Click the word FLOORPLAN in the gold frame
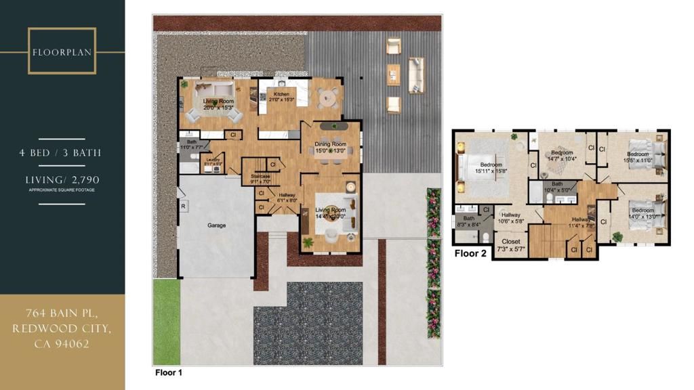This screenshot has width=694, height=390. click(62, 51)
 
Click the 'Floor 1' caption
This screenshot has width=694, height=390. click(169, 372)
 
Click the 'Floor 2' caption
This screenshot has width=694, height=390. click(470, 254)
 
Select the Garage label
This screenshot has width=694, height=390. click(217, 225)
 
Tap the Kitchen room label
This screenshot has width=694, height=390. click(281, 94)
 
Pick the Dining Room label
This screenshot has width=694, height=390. click(330, 144)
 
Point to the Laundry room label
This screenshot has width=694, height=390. click(214, 160)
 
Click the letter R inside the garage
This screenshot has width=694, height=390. click(182, 206)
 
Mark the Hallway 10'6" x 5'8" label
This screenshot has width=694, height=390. click(511, 217)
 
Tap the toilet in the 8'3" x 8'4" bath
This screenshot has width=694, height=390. click(486, 236)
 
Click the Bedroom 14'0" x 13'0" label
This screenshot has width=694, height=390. click(643, 211)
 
